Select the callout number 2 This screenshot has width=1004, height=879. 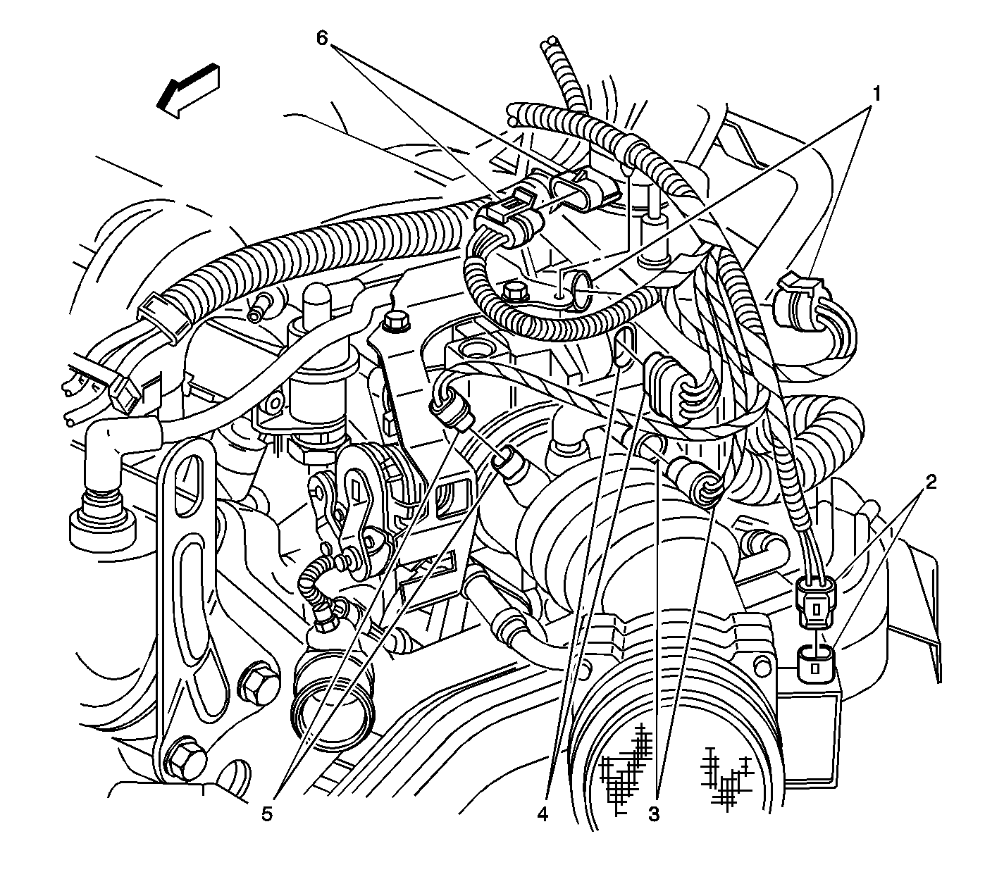pos(931,482)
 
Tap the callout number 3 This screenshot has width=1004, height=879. pos(654,814)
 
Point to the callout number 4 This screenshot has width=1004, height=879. pos(542,814)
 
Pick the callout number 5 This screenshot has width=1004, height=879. pos(266,814)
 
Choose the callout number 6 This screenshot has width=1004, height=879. pos(321,38)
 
